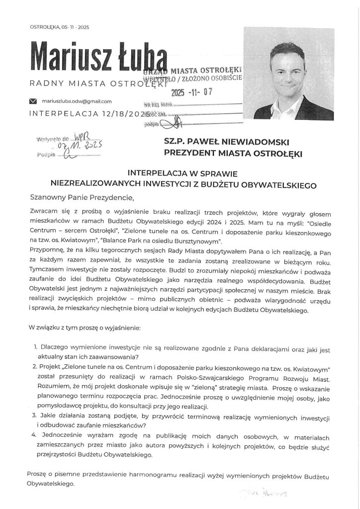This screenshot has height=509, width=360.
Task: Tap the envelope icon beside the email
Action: (x=33, y=101)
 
